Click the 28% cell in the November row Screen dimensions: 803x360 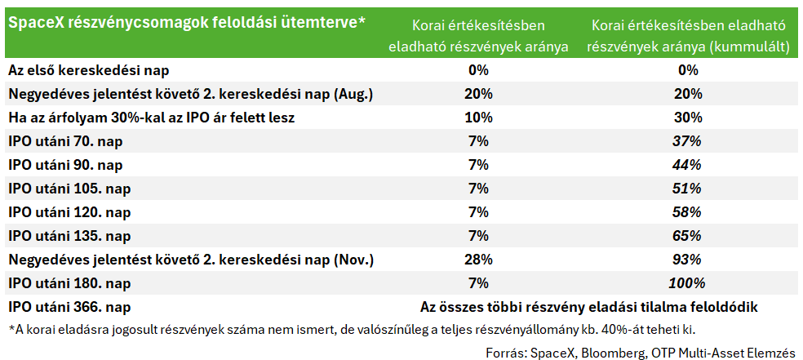tap(479, 260)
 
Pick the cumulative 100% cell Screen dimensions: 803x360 tap(687, 284)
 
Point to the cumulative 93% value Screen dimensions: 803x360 tap(687, 260)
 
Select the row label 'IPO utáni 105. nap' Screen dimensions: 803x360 tap(69, 189)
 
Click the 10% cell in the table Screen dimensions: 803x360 tap(479, 118)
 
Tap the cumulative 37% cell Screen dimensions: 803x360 tap(687, 141)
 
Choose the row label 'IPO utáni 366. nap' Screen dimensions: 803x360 tap(69, 308)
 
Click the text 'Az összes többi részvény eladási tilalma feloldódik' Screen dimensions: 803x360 tap(589, 308)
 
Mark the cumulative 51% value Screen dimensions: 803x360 tap(687, 189)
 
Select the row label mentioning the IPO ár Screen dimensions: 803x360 tap(152, 118)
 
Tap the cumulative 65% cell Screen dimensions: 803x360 tap(687, 237)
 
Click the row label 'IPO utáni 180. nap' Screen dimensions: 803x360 tap(69, 284)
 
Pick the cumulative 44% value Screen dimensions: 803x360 tap(687, 166)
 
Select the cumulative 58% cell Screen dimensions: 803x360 tap(687, 212)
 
